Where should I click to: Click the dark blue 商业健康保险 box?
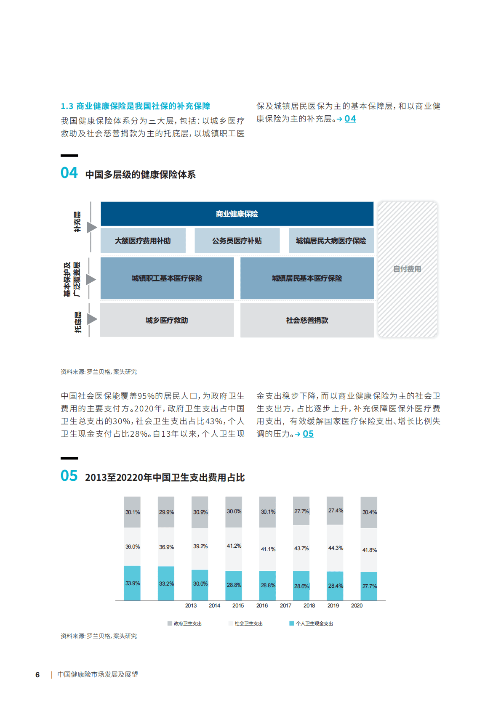click(237, 214)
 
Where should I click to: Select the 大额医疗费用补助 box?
click(143, 241)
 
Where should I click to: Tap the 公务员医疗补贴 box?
click(237, 241)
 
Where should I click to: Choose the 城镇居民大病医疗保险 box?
click(331, 241)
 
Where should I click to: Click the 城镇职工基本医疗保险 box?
click(167, 278)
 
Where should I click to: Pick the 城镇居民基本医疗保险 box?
click(307, 278)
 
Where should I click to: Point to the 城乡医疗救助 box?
click(167, 320)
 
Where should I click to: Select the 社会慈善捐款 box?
click(307, 320)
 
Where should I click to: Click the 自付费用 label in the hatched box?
click(407, 269)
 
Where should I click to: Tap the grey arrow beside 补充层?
click(92, 228)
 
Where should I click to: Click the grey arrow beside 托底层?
click(92, 319)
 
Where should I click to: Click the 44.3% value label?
click(336, 548)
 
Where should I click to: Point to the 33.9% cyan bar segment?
click(132, 583)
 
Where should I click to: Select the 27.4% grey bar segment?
click(335, 511)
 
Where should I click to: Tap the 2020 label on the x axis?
click(357, 605)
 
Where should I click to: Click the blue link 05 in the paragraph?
click(308, 434)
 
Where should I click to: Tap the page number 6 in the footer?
click(37, 675)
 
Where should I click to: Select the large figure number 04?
click(69, 173)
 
